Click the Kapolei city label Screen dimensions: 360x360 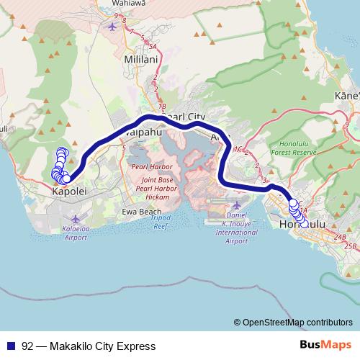click(70, 192)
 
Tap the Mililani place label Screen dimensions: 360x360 click(140, 58)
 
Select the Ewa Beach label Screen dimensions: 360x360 click(139, 211)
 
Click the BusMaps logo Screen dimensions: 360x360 click(321, 345)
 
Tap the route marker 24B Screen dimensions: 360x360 click(341, 236)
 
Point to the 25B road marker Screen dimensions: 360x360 click(351, 246)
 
